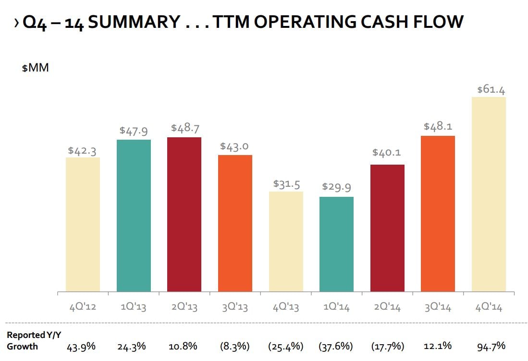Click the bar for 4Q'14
489,194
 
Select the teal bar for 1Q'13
134,216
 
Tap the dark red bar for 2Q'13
184,215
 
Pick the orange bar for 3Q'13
235,223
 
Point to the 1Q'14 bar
336,244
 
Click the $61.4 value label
491,90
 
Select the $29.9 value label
336,187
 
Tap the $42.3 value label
82,151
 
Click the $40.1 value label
387,153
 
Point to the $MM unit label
36,68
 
